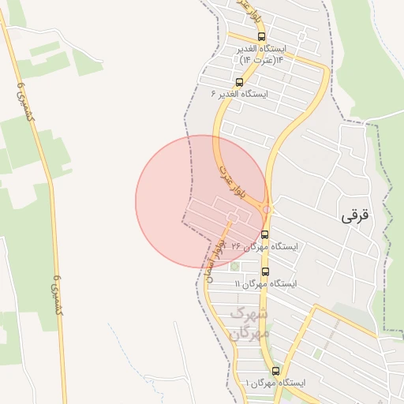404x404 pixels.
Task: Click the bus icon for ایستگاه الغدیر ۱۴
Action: pos(261,36)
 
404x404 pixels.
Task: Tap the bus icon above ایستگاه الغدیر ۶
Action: pos(239,81)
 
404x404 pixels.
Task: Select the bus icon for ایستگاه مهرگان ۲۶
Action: pos(264,234)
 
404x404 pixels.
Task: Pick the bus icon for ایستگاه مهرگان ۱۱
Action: pos(264,271)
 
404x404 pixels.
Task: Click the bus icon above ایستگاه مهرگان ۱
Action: pos(275,371)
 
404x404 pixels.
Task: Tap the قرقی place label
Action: pos(353,215)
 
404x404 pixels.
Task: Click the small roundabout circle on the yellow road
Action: pos(268,209)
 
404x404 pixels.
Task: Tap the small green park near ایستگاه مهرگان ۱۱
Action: pos(234,266)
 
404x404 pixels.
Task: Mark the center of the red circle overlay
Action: pos(201,201)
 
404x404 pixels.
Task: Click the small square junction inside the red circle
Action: pos(232,215)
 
